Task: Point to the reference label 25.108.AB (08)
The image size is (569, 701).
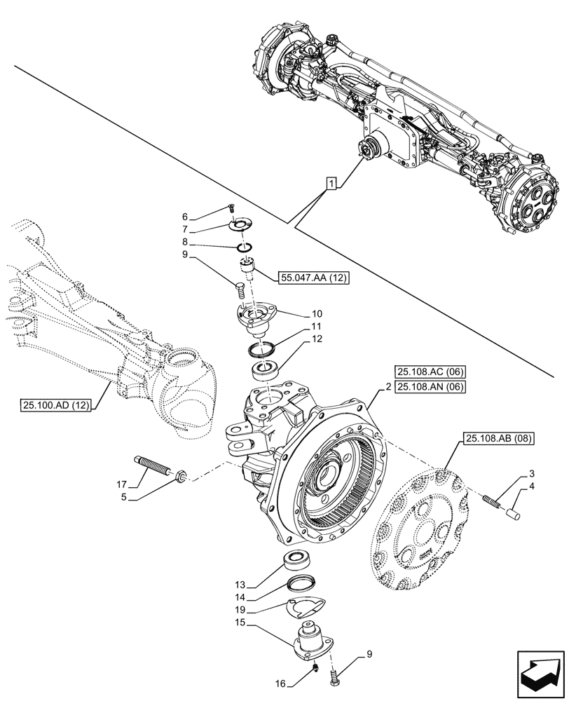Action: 498,440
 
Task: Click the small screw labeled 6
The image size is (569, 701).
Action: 231,207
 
